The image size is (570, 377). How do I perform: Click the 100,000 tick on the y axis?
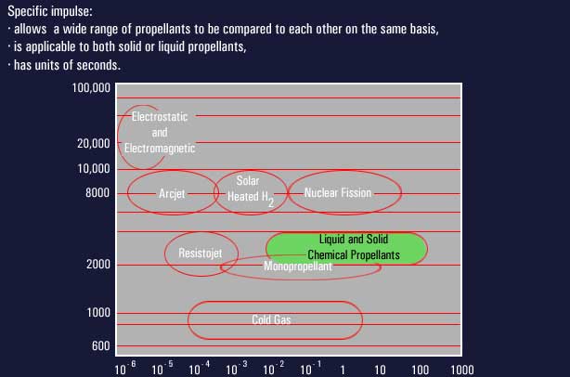tap(91, 88)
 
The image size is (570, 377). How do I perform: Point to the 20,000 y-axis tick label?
tap(93, 144)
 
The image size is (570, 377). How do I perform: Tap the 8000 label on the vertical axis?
tap(97, 193)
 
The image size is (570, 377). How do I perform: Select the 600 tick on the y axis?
tap(100, 345)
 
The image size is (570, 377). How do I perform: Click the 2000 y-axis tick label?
tap(98, 264)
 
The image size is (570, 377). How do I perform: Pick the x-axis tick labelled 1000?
tap(462, 370)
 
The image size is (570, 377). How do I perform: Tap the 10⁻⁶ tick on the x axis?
tap(125, 368)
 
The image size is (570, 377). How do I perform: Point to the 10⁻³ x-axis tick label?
tap(237, 368)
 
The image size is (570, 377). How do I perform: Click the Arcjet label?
tap(172, 194)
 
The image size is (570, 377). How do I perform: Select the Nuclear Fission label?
tap(338, 193)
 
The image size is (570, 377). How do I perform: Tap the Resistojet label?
tap(200, 253)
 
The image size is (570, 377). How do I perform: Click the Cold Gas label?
tap(271, 319)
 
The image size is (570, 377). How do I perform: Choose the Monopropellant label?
tap(298, 266)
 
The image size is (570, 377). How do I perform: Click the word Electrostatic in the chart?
tap(160, 117)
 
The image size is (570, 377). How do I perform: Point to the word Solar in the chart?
tap(248, 181)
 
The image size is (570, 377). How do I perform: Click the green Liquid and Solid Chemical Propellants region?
tap(346, 248)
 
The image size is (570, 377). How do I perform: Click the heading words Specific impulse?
tap(50, 11)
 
